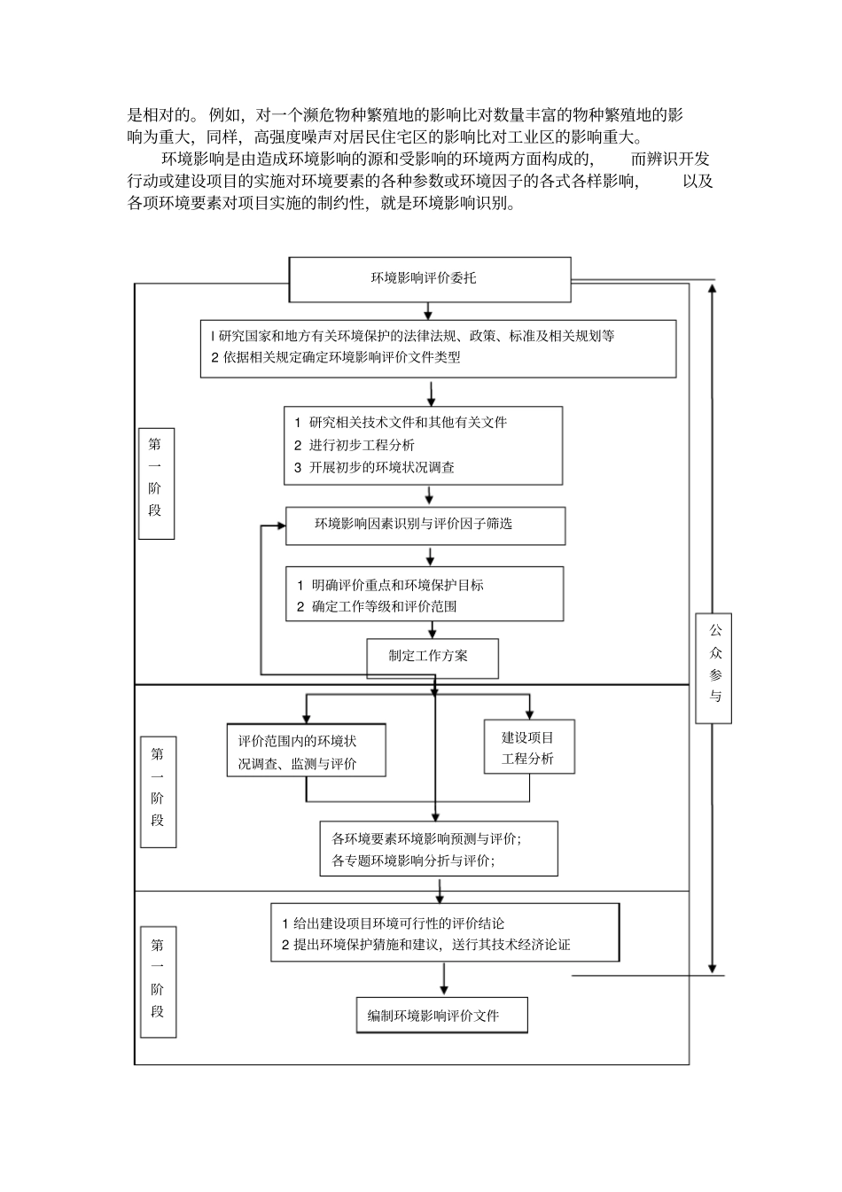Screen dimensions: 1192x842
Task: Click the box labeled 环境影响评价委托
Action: (x=429, y=278)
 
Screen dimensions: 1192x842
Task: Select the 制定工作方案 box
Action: (x=433, y=658)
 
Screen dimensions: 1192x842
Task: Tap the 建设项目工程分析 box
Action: (x=528, y=747)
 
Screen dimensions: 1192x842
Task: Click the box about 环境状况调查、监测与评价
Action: (x=306, y=752)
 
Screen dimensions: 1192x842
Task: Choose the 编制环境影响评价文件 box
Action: (x=441, y=1015)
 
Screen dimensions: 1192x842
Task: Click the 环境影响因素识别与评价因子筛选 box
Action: (x=425, y=525)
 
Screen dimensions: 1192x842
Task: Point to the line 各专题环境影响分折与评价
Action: (x=413, y=861)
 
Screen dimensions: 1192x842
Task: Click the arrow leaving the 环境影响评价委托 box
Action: (x=429, y=310)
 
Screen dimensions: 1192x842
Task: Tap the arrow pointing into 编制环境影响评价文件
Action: (x=443, y=980)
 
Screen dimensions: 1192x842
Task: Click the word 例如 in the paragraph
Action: (x=222, y=115)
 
